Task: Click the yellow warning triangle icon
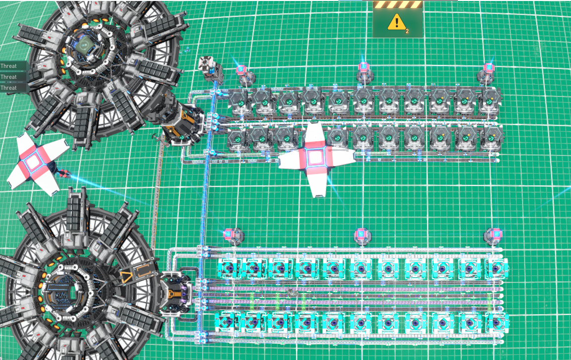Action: point(396,22)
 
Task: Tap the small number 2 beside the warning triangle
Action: point(407,31)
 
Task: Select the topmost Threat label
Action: point(8,66)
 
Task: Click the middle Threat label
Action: point(8,77)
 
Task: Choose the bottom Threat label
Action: point(8,88)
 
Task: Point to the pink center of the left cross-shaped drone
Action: point(34,162)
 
